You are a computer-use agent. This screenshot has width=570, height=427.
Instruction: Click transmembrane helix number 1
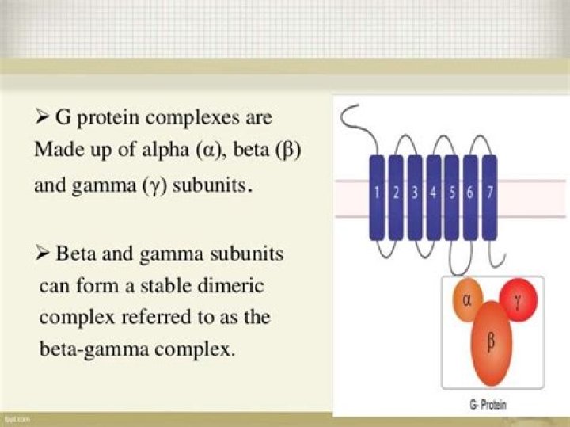377,197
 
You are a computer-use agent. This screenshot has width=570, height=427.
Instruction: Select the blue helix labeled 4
434,197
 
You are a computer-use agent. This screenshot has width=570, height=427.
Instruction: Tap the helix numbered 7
490,197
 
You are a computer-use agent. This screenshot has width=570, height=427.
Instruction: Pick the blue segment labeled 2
396,197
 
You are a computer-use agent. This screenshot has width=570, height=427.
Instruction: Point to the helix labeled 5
452,197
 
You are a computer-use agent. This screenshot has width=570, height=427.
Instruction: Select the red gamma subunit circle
519,299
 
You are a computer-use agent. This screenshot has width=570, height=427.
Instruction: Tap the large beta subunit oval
492,343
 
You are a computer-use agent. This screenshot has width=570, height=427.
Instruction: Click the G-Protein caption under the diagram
488,405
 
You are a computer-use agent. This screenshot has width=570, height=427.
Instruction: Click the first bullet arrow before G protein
43,117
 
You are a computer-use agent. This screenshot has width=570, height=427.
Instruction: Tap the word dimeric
230,285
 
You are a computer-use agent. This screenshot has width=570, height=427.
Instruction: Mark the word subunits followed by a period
213,185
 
